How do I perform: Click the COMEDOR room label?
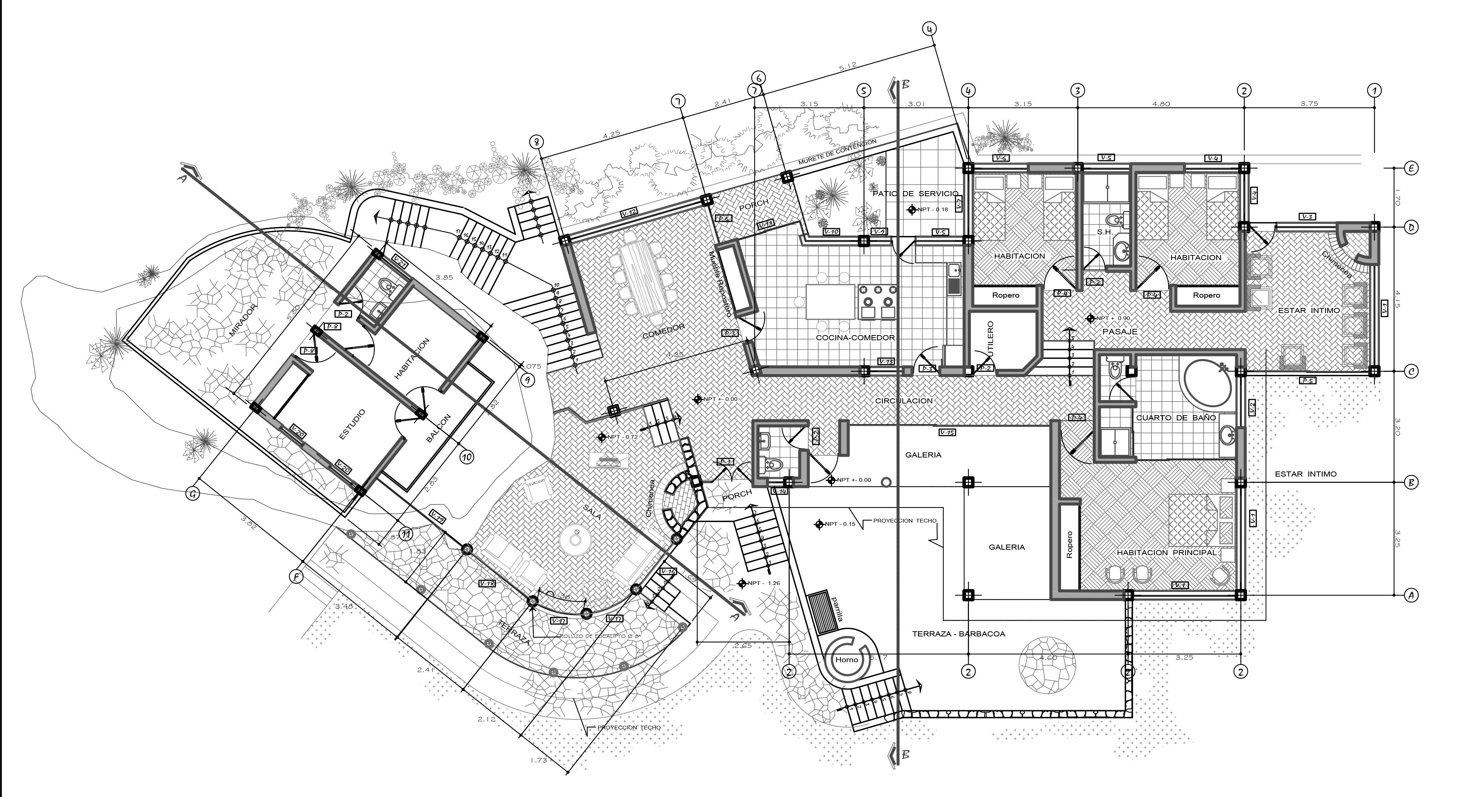(x=663, y=332)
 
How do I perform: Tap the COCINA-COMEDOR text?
(x=855, y=338)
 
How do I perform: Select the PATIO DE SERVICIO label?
(x=915, y=194)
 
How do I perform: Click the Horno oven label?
(x=846, y=659)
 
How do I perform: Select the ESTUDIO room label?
(x=352, y=424)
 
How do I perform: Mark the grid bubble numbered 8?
(x=538, y=141)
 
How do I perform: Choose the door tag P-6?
(x=724, y=219)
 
